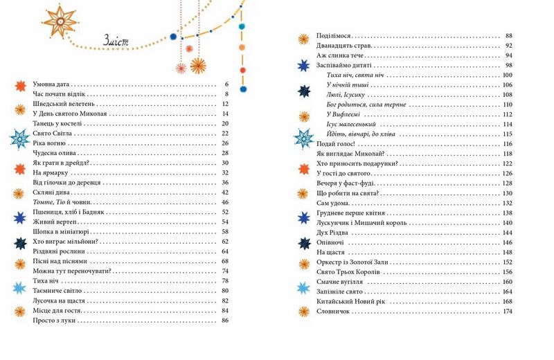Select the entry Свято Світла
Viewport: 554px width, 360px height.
[53, 133]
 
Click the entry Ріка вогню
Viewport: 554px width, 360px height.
[48, 143]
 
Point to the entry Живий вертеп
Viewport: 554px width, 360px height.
[52, 222]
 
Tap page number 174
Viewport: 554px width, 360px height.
[507, 312]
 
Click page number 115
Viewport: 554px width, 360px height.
[507, 134]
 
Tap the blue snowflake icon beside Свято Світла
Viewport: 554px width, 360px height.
[18, 138]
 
